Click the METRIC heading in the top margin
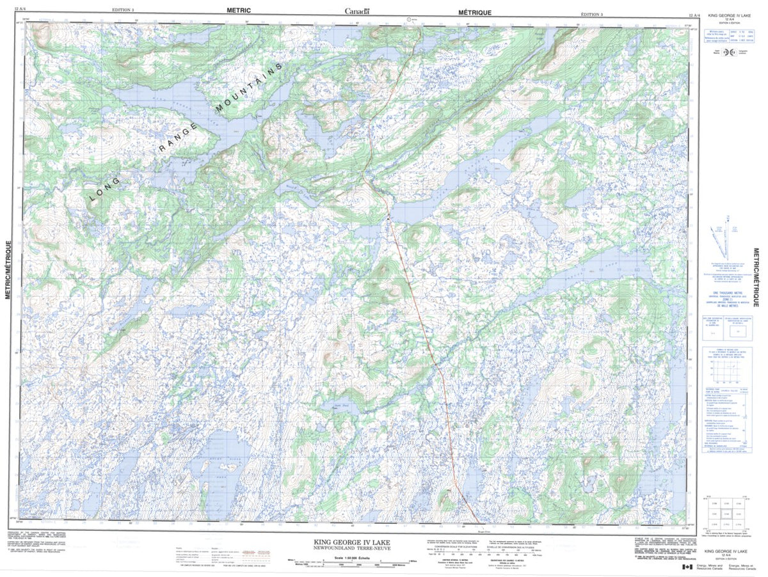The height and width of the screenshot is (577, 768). pos(239,11)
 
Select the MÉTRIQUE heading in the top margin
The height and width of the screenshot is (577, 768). pos(474,12)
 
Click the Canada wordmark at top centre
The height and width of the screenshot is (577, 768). pos(357,11)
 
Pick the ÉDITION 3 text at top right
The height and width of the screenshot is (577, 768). pos(591,13)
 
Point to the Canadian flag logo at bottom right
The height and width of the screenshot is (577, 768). pos(687,567)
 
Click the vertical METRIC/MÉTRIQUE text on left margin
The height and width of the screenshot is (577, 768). pos(8,269)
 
